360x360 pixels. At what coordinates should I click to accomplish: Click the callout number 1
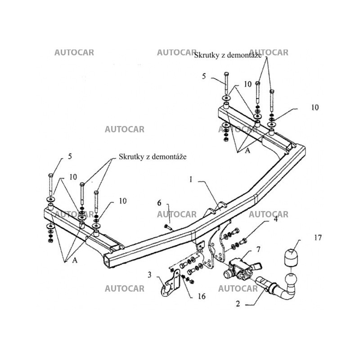click(191, 179)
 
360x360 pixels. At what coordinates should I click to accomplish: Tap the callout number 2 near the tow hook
click(238, 304)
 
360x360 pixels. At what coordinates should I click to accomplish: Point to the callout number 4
click(275, 220)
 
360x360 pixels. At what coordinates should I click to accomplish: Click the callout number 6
click(159, 203)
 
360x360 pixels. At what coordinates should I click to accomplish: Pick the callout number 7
click(258, 249)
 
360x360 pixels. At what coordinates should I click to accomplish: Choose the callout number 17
click(318, 238)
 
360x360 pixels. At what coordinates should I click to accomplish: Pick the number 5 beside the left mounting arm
click(70, 157)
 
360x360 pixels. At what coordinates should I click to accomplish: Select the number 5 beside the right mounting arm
click(204, 76)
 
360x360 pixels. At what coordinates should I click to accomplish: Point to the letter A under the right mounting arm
click(247, 152)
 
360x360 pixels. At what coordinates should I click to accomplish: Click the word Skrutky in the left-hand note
click(130, 157)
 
